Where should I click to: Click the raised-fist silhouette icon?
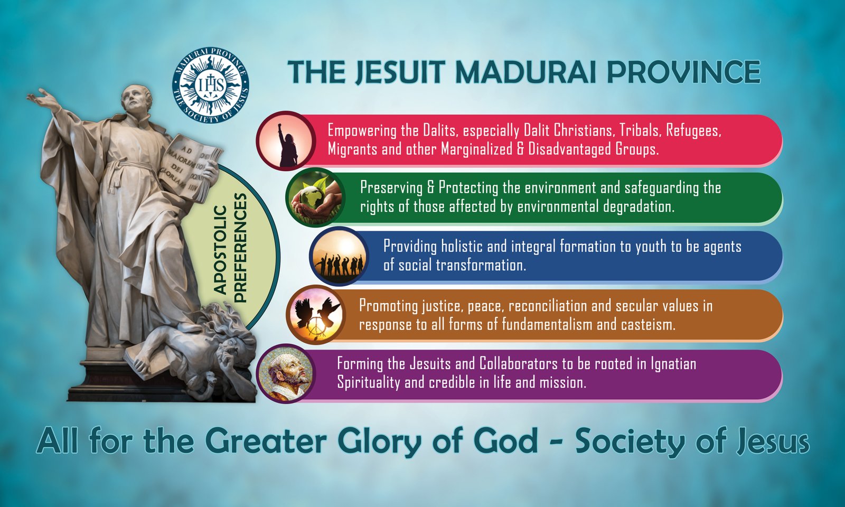click(286, 141)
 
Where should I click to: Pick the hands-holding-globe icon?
click(316, 198)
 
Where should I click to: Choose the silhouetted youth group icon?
click(339, 257)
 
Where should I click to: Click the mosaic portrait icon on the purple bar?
click(286, 373)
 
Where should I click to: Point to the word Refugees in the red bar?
click(693, 130)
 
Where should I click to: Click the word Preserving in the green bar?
click(391, 188)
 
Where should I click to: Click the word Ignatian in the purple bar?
click(674, 364)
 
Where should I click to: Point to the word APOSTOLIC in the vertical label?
click(220, 250)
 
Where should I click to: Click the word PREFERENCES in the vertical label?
click(240, 248)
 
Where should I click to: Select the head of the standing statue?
click(137, 99)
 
